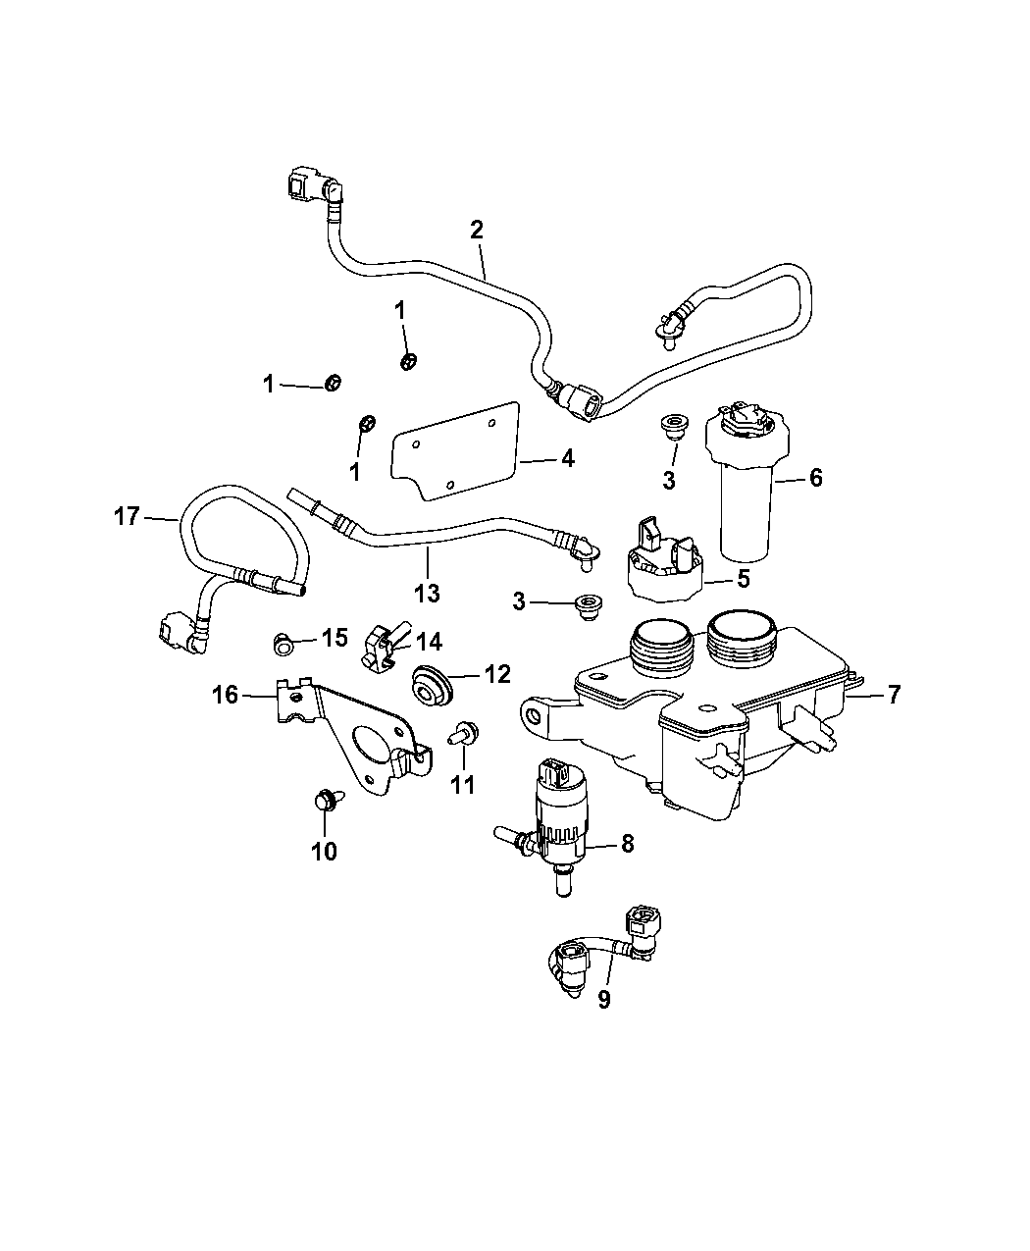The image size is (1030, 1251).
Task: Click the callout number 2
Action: click(x=477, y=231)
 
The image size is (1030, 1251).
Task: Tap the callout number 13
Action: click(x=427, y=593)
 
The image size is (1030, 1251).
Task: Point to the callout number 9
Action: click(x=604, y=999)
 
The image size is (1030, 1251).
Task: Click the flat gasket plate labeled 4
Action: click(x=454, y=452)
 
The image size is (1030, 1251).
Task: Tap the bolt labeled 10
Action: click(x=324, y=803)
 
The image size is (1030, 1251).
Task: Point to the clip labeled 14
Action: click(x=383, y=650)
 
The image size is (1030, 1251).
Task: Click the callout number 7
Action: click(x=894, y=696)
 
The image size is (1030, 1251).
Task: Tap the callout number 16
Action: click(x=226, y=696)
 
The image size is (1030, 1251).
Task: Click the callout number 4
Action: click(x=567, y=458)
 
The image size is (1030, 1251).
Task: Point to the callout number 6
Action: click(x=816, y=478)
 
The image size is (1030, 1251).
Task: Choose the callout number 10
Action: click(x=324, y=851)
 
